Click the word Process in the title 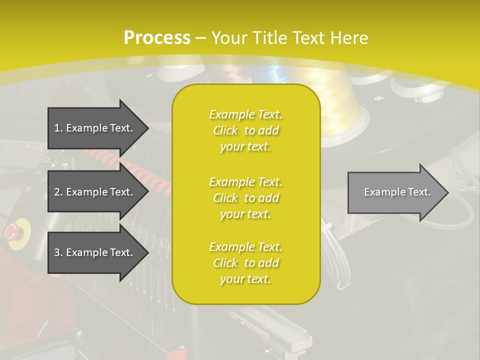(x=157, y=38)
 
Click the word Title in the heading (x=270, y=38)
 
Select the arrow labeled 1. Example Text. (x=95, y=128)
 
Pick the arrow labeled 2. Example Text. (x=95, y=192)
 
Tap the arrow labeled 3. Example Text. (x=95, y=252)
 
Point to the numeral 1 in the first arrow (x=57, y=128)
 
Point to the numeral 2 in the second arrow (x=57, y=192)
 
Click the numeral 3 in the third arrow (x=57, y=252)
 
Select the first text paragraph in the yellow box (x=245, y=130)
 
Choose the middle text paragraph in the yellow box (x=245, y=198)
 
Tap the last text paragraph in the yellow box (x=245, y=263)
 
